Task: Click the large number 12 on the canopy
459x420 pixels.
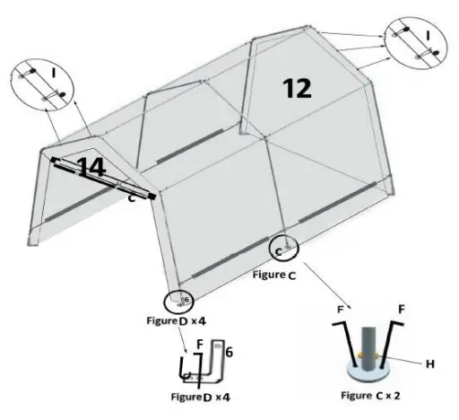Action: [x=297, y=87]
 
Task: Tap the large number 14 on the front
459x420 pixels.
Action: [x=91, y=166]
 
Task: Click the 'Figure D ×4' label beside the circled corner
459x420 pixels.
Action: [x=178, y=319]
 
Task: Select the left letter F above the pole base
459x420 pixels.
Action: [x=340, y=309]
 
